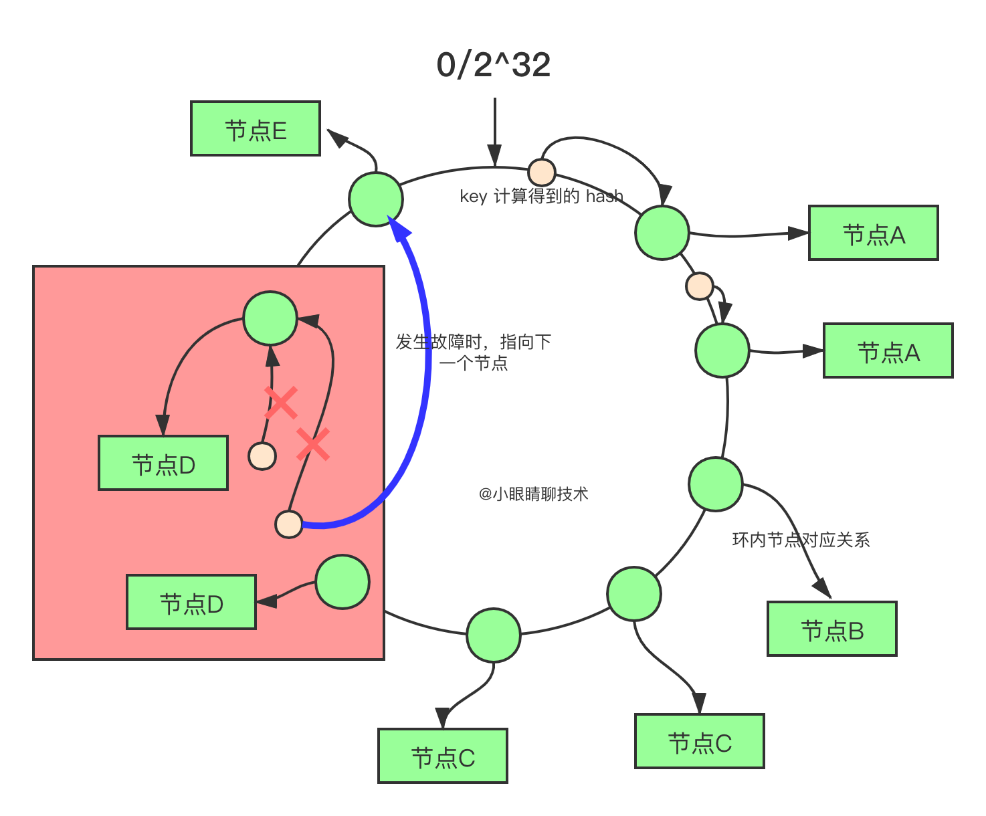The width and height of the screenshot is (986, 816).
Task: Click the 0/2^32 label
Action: (493, 65)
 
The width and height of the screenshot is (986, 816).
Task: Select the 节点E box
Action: (256, 128)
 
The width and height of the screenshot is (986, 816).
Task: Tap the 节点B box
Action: (831, 629)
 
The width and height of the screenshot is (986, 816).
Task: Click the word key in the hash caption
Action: (473, 197)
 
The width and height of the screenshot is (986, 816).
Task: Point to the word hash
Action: (604, 196)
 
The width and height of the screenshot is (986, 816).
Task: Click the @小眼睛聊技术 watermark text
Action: (533, 494)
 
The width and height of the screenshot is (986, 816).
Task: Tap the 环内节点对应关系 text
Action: (801, 540)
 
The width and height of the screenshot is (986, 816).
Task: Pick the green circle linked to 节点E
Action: (376, 199)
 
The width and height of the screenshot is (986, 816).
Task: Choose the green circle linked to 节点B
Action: (715, 484)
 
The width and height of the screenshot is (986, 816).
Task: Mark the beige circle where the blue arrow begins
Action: (289, 524)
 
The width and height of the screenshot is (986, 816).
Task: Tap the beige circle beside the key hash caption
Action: (541, 172)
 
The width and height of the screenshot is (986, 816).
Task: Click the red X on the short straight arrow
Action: (281, 402)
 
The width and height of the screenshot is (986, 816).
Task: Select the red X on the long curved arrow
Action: (312, 444)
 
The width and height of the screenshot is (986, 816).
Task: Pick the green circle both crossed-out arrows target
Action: (270, 318)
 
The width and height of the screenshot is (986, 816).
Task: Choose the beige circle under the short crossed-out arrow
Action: (262, 456)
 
